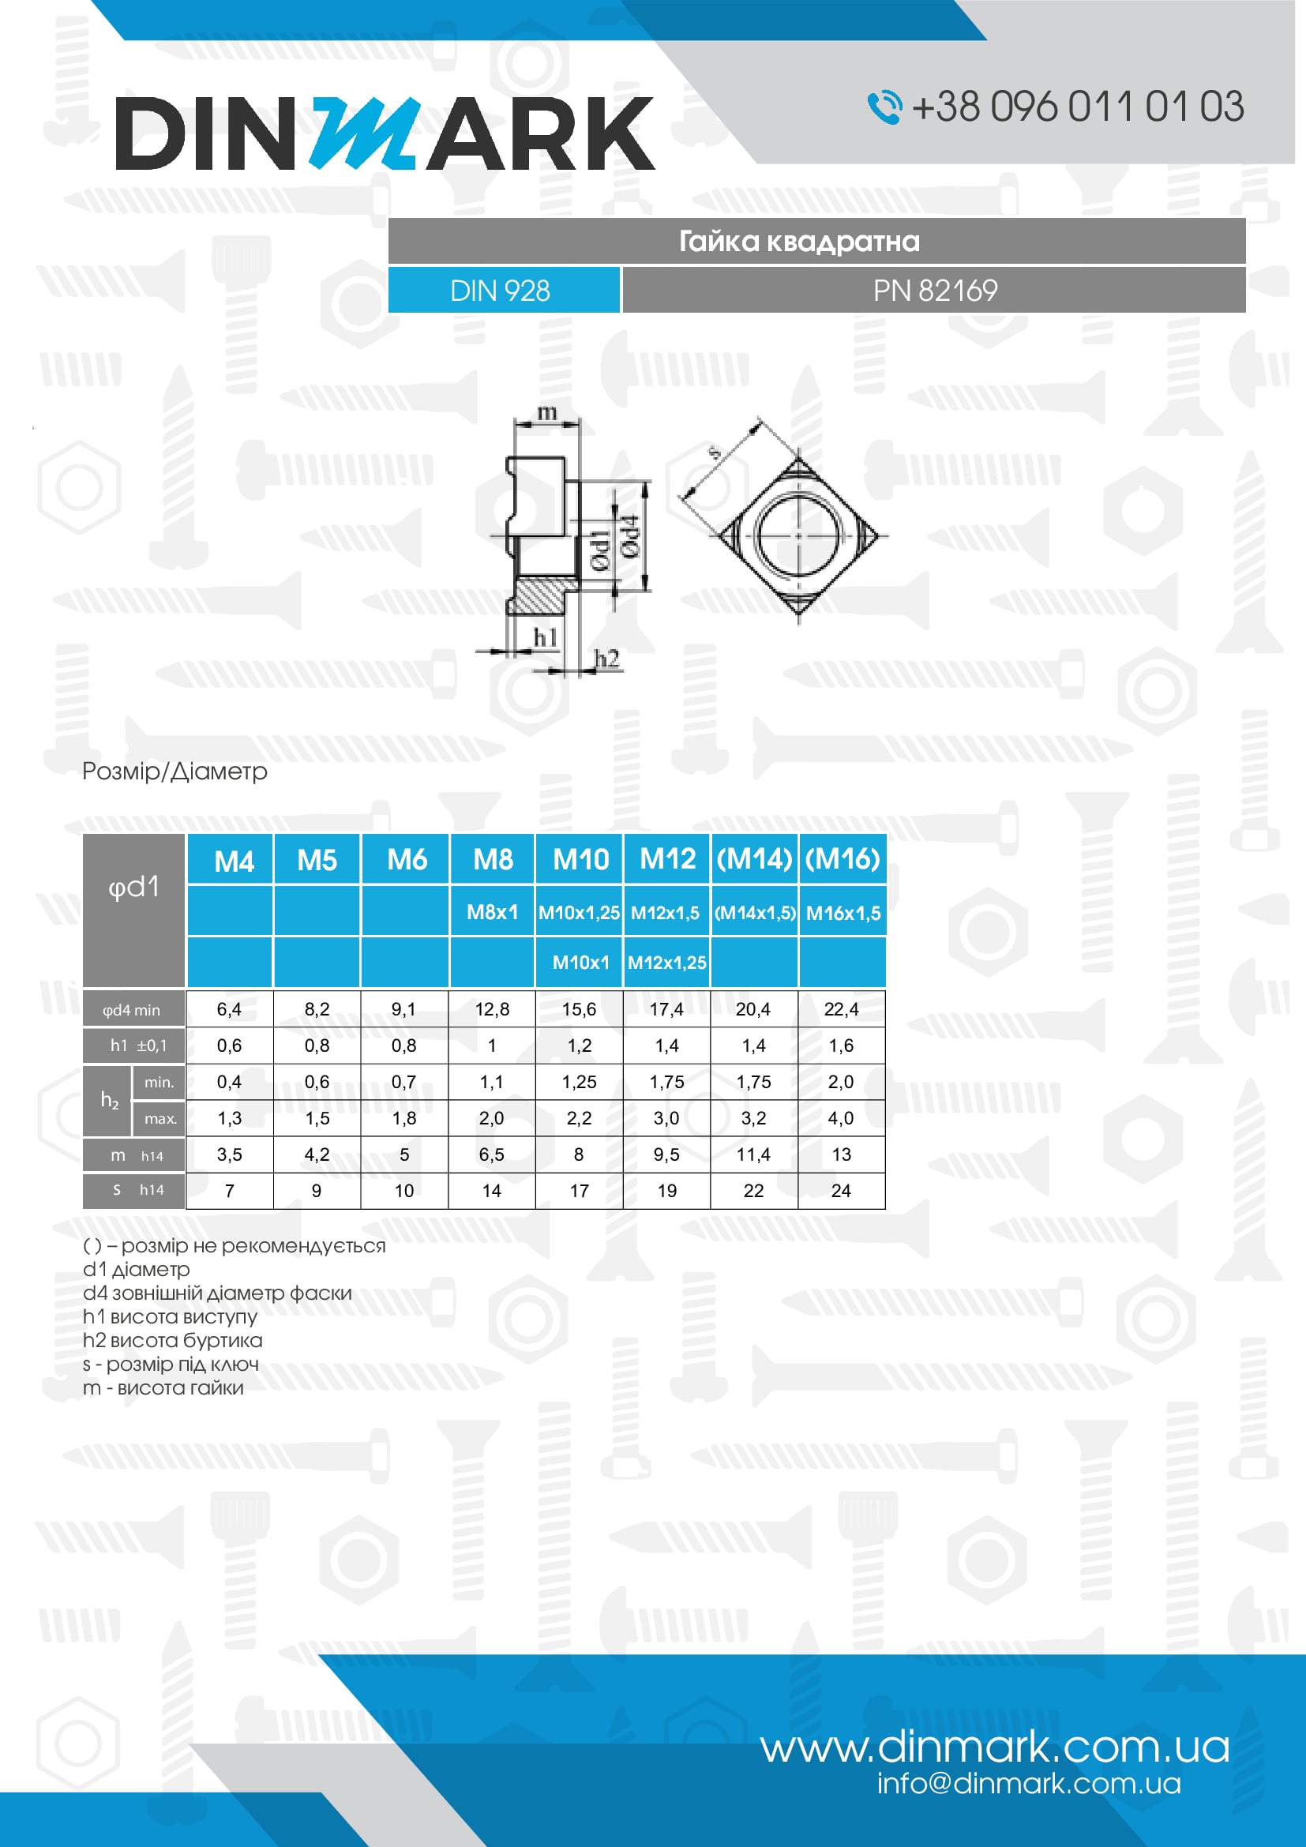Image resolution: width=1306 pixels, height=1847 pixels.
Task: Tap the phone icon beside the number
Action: [x=884, y=107]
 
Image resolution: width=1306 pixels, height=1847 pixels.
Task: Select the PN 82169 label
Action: [x=934, y=291]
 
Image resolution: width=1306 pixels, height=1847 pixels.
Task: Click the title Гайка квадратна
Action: [x=798, y=242]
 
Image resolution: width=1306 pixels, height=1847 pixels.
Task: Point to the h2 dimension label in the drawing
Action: [x=607, y=659]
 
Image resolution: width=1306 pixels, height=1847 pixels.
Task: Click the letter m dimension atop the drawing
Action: [x=547, y=413]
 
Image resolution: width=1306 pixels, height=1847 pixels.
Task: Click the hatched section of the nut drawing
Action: [x=535, y=597]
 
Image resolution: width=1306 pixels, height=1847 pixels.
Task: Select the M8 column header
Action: [x=492, y=860]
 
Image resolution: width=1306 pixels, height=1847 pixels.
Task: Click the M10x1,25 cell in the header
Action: [x=579, y=912]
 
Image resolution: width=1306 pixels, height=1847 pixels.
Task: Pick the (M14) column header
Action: [x=753, y=859]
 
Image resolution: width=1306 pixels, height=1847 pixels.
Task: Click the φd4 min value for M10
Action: [x=579, y=1008]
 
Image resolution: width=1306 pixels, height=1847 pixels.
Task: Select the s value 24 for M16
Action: [x=841, y=1191]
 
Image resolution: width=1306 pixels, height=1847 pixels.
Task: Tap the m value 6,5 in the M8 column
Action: [x=491, y=1154]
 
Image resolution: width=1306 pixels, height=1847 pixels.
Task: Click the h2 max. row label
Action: [x=160, y=1118]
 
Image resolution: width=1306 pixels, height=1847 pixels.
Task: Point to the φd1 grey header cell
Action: [x=133, y=888]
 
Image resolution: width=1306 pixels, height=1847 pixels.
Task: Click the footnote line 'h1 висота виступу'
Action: [x=170, y=1316]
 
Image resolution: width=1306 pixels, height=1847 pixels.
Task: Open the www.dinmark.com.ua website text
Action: [x=995, y=1747]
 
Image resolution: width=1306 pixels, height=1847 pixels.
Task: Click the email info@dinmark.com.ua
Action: [x=1029, y=1784]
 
